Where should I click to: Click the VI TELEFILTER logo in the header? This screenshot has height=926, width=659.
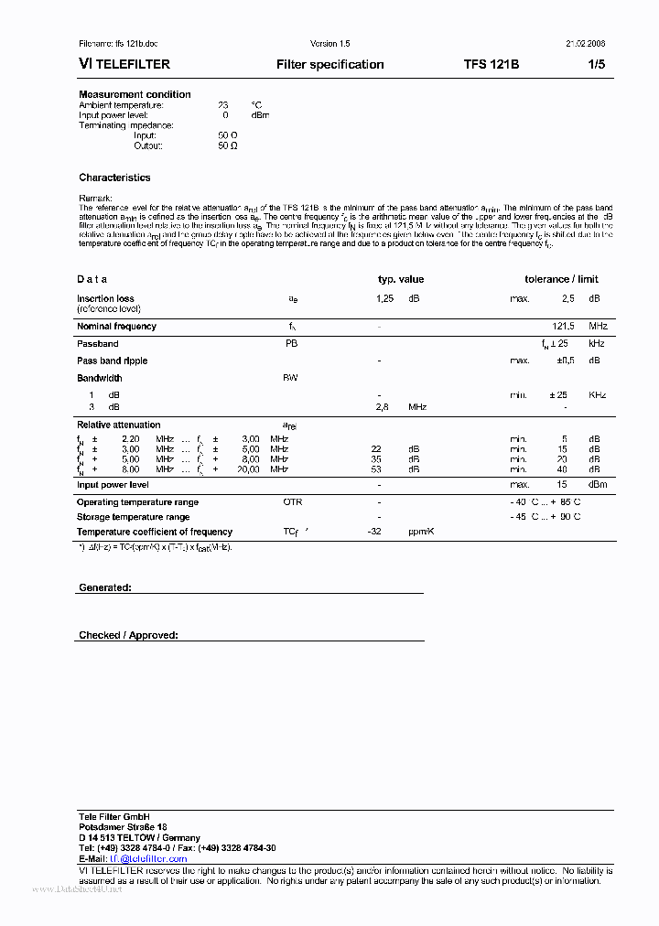pos(124,65)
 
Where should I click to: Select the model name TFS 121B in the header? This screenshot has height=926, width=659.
pos(491,65)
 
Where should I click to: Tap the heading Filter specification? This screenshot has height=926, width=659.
pos(329,65)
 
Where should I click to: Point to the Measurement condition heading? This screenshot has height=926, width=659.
pos(135,94)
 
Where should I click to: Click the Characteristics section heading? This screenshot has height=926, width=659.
pos(114,178)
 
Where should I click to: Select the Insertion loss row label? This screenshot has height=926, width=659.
pos(105,298)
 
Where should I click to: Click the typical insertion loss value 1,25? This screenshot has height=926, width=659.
pos(384,299)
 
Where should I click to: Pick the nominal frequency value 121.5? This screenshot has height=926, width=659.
pos(564,326)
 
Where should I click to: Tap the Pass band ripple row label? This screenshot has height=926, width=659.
pos(112,361)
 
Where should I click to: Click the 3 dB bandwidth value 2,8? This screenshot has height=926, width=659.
pos(384,406)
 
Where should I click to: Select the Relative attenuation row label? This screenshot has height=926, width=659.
pos(118,425)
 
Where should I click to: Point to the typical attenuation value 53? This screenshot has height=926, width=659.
pos(376,469)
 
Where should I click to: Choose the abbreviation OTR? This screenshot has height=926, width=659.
pos(292,502)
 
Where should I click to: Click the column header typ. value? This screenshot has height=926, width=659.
pos(401,279)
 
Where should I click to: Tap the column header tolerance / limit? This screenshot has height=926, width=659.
pos(561,279)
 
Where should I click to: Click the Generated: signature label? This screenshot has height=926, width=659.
pos(104,587)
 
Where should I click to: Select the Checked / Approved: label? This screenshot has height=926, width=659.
pos(128,635)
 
